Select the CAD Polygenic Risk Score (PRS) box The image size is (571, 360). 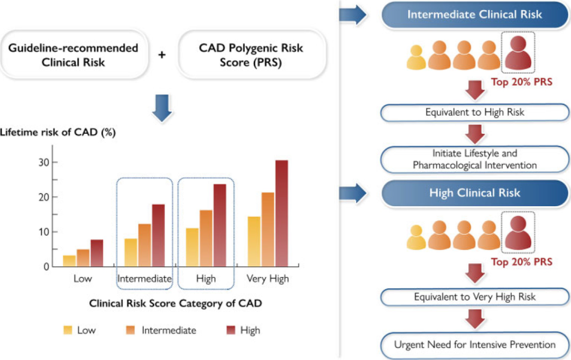tap(251, 55)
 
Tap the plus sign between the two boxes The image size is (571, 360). tap(162, 55)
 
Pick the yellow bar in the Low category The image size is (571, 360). tap(69, 261)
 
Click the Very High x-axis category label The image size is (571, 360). tap(268, 279)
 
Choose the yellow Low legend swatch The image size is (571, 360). tap(68, 330)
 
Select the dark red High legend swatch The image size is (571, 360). tap(231, 330)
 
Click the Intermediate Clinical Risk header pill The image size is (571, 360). tap(474, 15)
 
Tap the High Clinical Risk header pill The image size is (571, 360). tap(474, 193)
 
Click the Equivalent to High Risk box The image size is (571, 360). tap(474, 113)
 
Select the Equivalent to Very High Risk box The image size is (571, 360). tap(474, 297)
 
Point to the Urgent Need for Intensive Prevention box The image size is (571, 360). tap(474, 345)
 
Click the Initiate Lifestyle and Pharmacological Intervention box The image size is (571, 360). tap(474, 160)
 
